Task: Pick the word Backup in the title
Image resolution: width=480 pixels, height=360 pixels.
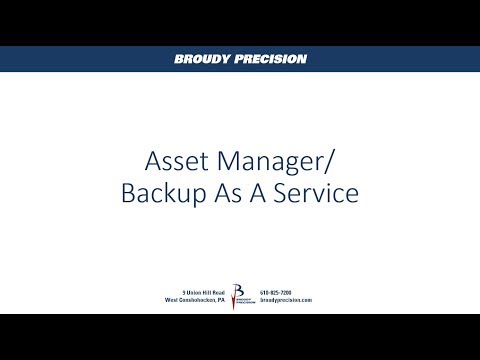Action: point(159,192)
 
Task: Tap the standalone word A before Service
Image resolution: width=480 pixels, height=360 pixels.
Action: point(253,192)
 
